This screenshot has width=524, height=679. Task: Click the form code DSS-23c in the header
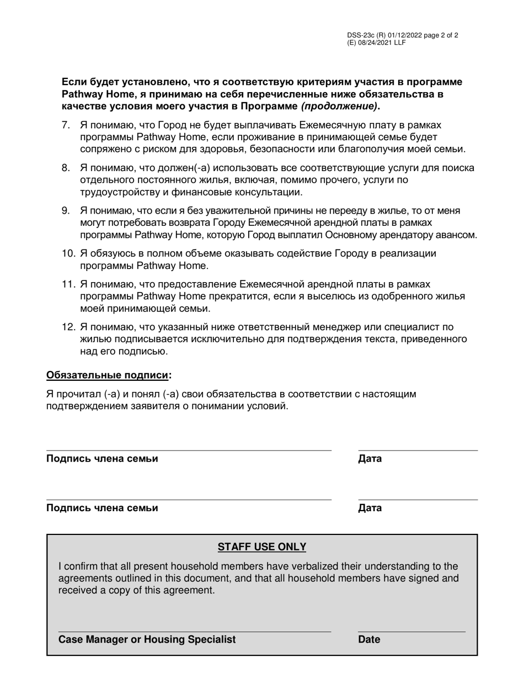click(x=361, y=35)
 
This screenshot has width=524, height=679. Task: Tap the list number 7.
click(x=66, y=125)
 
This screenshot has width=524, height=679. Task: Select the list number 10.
click(x=68, y=253)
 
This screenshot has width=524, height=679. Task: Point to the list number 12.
click(x=68, y=327)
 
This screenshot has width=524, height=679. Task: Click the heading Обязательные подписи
click(x=107, y=375)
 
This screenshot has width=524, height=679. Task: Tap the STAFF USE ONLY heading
click(x=261, y=547)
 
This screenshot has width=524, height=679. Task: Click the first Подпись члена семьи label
click(x=102, y=459)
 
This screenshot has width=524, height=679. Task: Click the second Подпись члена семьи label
click(x=102, y=508)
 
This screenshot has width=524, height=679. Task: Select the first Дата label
click(x=370, y=459)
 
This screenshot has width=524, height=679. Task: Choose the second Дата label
click(x=370, y=508)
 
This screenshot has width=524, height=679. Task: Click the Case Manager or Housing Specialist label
click(x=147, y=639)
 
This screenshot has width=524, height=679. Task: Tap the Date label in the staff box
click(x=369, y=639)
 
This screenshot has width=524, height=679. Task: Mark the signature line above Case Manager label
click(x=194, y=632)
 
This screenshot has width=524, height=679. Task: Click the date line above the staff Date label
click(x=411, y=632)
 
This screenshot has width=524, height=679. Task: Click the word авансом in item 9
click(x=458, y=235)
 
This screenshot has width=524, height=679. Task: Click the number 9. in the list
click(x=66, y=210)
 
